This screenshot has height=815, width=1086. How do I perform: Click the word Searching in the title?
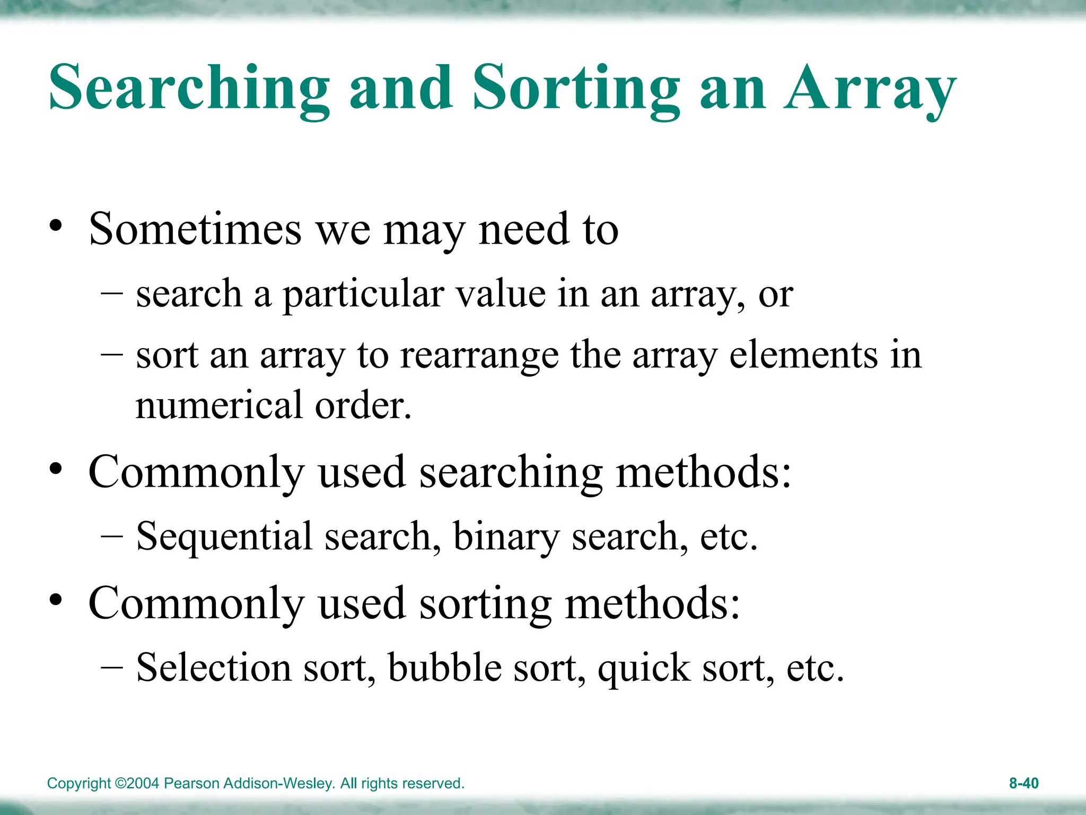tap(189, 88)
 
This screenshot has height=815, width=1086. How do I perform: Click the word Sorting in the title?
tap(576, 88)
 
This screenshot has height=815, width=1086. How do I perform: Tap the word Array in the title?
tap(870, 88)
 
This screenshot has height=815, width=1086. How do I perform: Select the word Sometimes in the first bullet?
tap(195, 229)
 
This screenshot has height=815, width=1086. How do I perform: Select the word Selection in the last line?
tap(214, 667)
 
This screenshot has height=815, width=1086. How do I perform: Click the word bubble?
tap(444, 667)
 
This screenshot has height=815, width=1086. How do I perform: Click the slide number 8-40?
tap(1023, 783)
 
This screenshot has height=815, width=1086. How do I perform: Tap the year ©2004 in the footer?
tap(137, 784)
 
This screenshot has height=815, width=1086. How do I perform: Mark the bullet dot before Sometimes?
tap(56, 227)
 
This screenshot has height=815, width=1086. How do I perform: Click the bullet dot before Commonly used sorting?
tap(56, 601)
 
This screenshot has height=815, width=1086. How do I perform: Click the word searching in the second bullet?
tap(511, 472)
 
